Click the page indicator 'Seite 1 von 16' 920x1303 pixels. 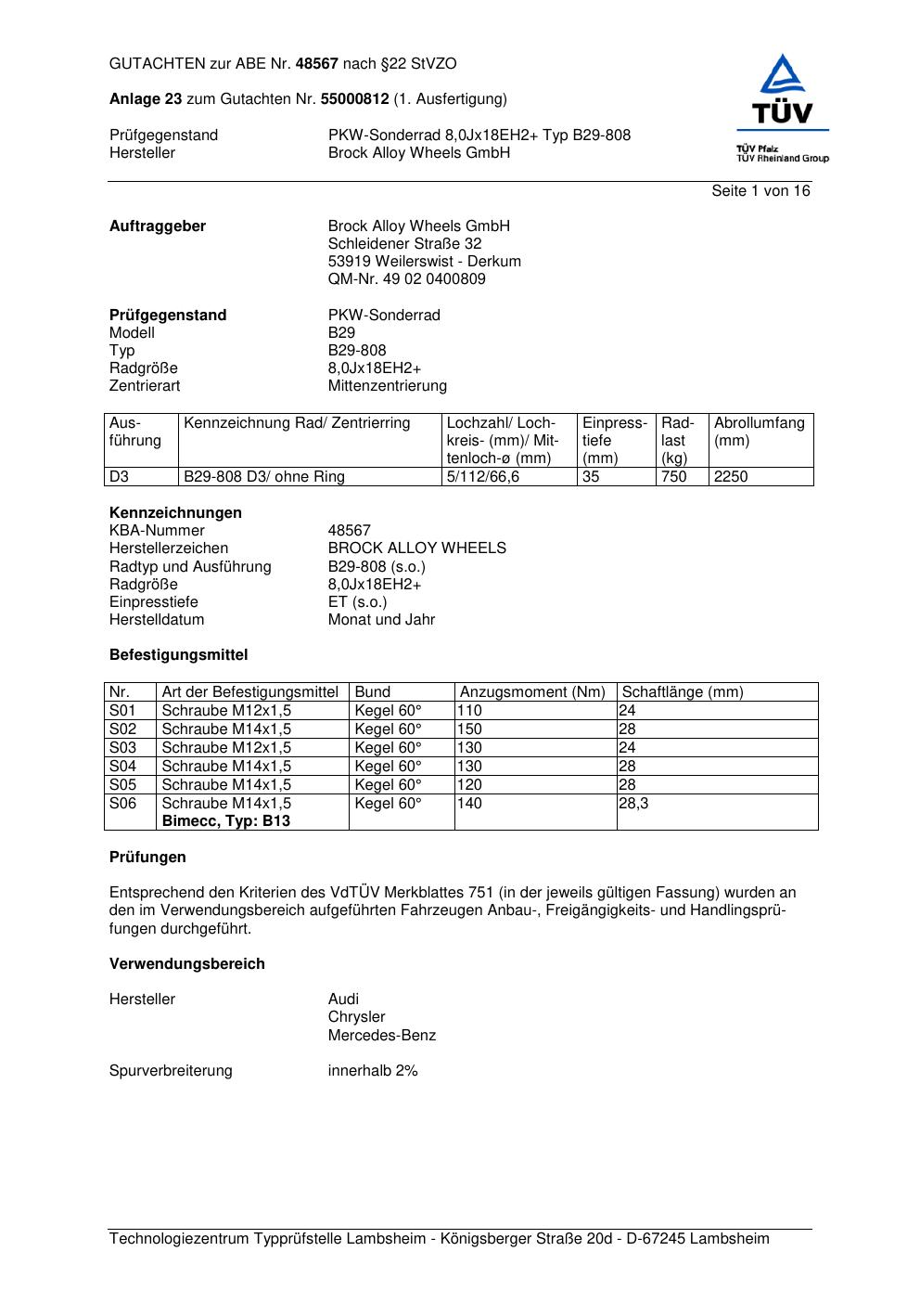tap(760, 191)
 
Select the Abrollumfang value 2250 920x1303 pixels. tap(731, 477)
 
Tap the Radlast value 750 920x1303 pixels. tap(674, 477)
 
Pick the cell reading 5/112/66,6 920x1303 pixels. tap(483, 477)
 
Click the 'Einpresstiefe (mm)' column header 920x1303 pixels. tap(614, 440)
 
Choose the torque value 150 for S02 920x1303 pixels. tap(470, 729)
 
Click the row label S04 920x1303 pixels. tap(122, 767)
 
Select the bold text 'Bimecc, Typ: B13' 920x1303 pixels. tap(226, 821)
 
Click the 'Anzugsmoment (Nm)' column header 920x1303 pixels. tap(532, 692)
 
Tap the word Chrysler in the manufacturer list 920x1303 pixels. tap(356, 1017)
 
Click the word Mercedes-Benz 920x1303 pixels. tap(382, 1036)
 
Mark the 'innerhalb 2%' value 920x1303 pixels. tap(373, 1071)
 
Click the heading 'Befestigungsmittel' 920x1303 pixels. tap(179, 655)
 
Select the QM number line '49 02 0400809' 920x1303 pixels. tap(407, 279)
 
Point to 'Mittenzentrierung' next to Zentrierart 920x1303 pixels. tap(388, 386)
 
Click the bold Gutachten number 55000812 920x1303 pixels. tap(354, 99)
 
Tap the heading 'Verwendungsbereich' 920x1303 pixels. tap(187, 964)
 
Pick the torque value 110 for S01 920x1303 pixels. tap(470, 711)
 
